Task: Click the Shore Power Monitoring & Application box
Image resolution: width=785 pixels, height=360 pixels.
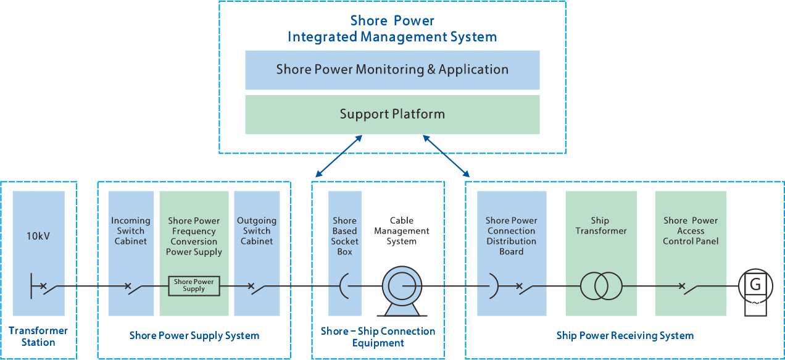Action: click(x=392, y=70)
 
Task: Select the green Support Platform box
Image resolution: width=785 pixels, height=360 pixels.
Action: click(x=392, y=114)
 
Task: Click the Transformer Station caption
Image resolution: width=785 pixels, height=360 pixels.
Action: click(x=38, y=337)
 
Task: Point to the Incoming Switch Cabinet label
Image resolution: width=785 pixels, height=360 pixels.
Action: click(x=131, y=230)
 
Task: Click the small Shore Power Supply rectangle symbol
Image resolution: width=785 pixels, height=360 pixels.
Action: click(x=194, y=285)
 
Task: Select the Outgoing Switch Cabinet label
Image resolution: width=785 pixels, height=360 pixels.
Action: click(x=257, y=230)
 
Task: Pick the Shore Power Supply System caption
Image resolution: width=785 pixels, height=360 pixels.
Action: click(x=194, y=336)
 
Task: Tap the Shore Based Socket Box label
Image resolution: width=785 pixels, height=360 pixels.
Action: click(x=344, y=236)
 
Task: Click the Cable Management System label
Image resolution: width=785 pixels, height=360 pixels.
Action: click(x=402, y=231)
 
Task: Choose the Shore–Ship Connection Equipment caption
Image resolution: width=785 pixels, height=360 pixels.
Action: click(x=378, y=337)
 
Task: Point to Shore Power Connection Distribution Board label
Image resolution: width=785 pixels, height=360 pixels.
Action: click(x=512, y=236)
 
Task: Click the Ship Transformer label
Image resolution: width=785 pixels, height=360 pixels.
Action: click(x=600, y=225)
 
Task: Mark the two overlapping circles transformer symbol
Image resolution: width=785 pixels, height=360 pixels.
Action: click(x=600, y=286)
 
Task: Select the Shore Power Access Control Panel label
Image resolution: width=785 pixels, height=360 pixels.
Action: click(x=691, y=230)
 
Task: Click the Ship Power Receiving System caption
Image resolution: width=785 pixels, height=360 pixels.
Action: click(x=625, y=336)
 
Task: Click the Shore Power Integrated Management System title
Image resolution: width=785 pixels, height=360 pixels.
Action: click(x=392, y=29)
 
